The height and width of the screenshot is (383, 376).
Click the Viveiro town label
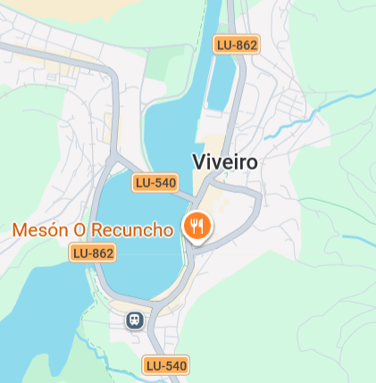(225, 162)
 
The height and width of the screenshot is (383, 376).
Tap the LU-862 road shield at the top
(237, 45)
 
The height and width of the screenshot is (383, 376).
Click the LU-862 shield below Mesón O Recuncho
(93, 254)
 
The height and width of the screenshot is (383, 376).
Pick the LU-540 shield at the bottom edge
(166, 365)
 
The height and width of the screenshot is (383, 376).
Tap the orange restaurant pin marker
(196, 227)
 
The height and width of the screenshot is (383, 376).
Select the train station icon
(135, 319)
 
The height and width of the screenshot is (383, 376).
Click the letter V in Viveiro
(199, 162)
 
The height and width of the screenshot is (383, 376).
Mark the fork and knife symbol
(196, 224)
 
